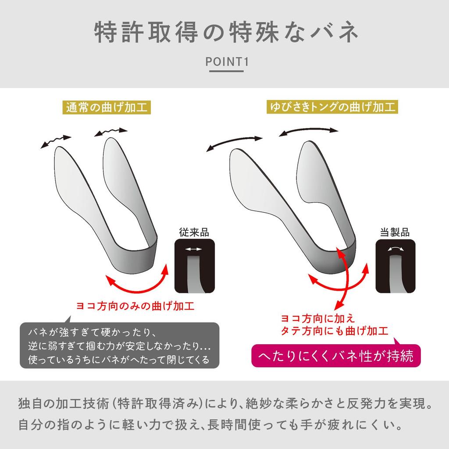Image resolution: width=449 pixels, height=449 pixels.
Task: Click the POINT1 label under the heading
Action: click(x=227, y=62)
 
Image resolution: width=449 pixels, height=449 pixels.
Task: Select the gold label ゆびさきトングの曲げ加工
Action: click(x=332, y=107)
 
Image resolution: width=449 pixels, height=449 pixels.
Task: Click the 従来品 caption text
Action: click(x=193, y=232)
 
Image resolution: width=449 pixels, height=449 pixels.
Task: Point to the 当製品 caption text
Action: click(x=394, y=232)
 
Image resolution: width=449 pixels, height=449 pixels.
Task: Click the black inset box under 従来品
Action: click(x=193, y=267)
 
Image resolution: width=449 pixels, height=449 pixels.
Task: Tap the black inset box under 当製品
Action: click(x=394, y=267)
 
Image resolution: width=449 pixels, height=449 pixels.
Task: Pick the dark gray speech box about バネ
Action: click(x=119, y=345)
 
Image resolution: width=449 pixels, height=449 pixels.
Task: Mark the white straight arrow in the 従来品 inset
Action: click(x=193, y=249)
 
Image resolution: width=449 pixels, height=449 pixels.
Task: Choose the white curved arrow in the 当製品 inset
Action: click(x=394, y=249)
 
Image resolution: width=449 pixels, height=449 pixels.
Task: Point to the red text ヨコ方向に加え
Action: click(x=317, y=317)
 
